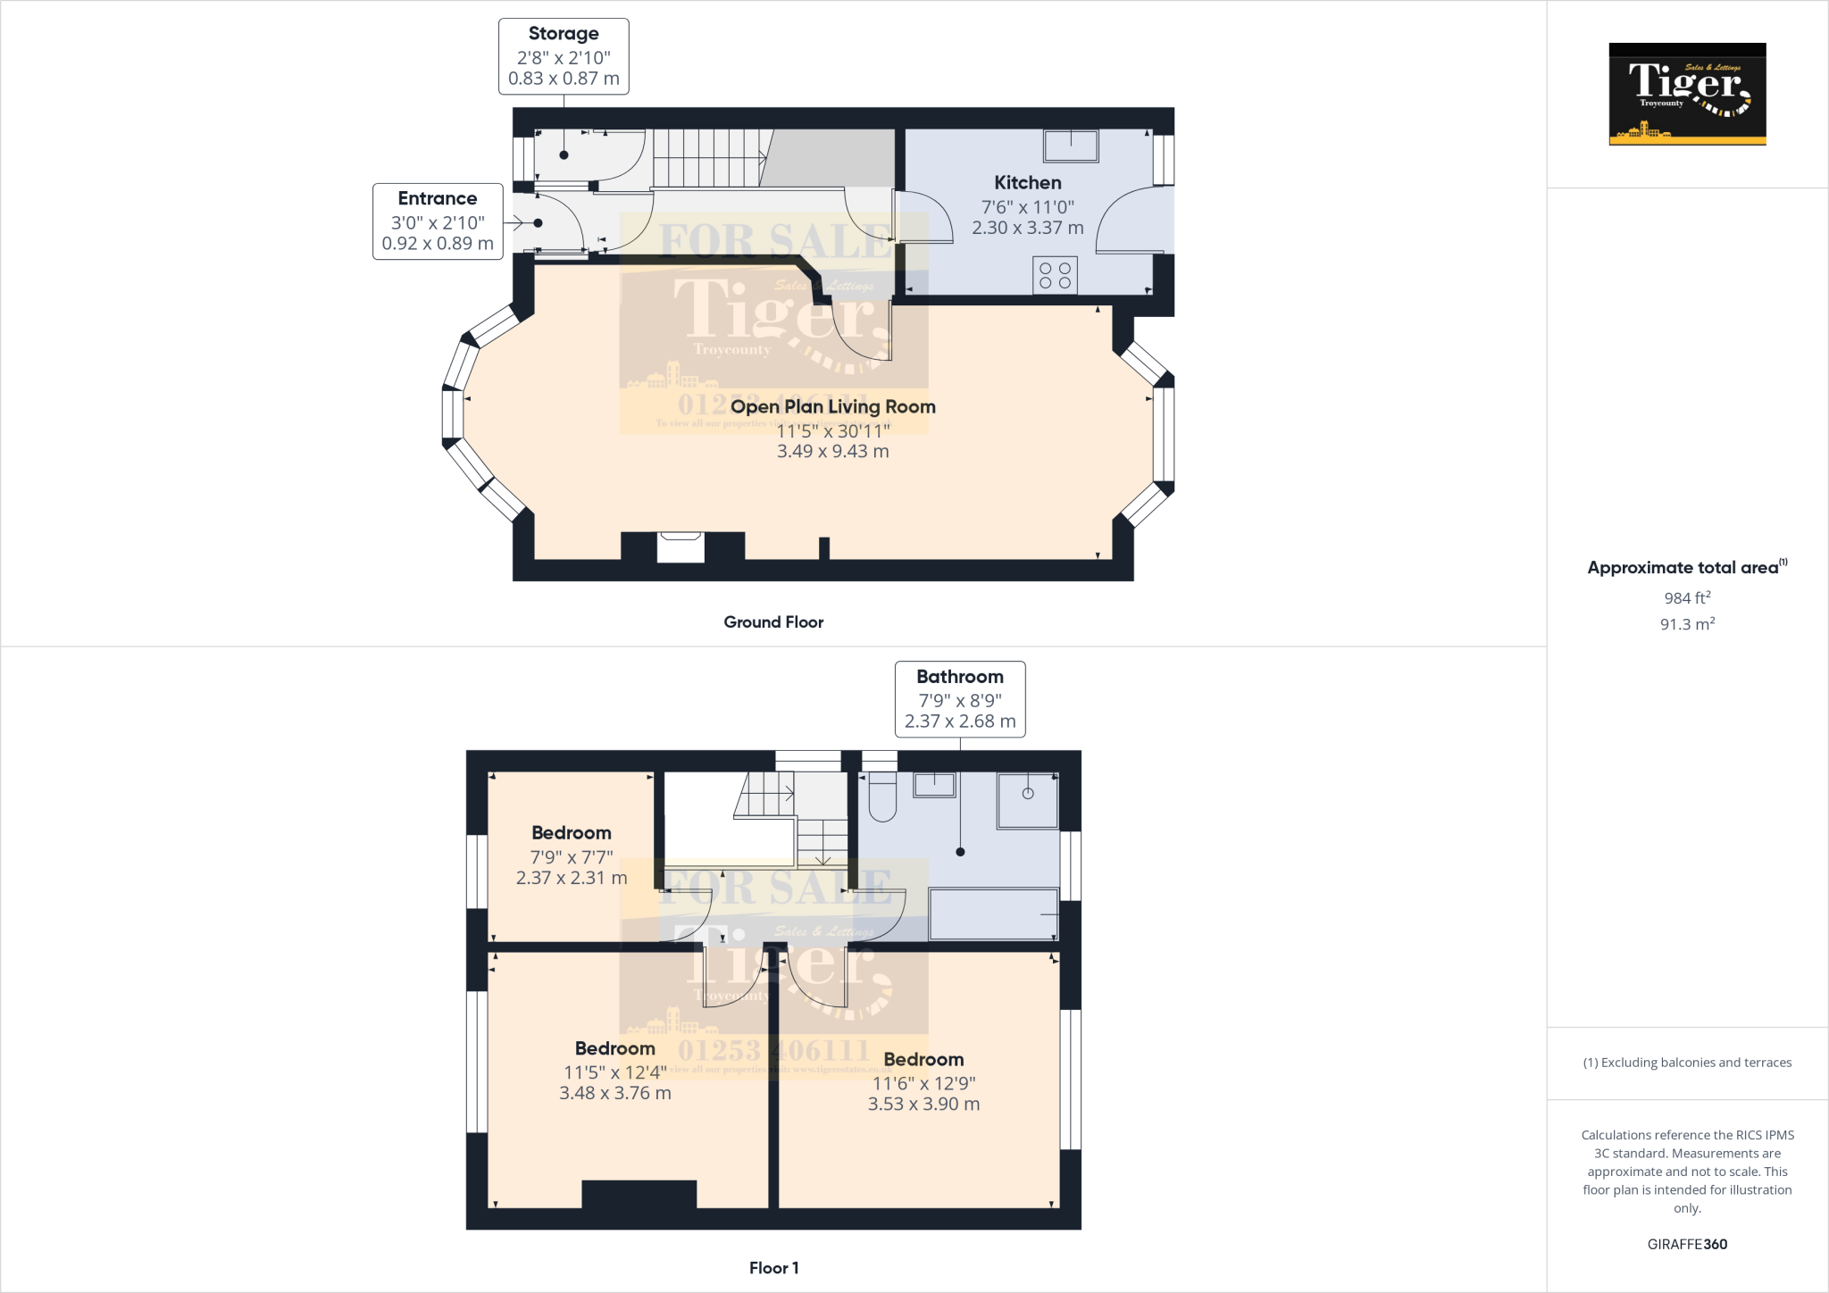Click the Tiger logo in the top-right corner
click(x=1687, y=94)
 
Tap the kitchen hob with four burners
click(x=1055, y=275)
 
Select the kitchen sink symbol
click(x=1071, y=146)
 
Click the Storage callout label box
click(x=564, y=56)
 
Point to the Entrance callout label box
click(x=438, y=221)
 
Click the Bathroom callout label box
click(x=960, y=699)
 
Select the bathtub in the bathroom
click(x=993, y=913)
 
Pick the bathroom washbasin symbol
click(x=934, y=785)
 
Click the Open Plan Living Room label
click(x=832, y=407)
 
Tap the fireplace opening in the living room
click(x=681, y=546)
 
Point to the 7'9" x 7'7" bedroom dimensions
click(x=572, y=857)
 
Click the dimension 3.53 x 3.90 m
click(x=923, y=1105)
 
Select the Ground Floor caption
click(x=773, y=622)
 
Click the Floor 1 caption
click(x=773, y=1268)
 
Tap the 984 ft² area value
click(x=1687, y=598)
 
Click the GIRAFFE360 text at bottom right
click(x=1687, y=1244)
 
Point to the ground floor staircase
click(x=711, y=157)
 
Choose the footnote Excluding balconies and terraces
click(x=1687, y=1063)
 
